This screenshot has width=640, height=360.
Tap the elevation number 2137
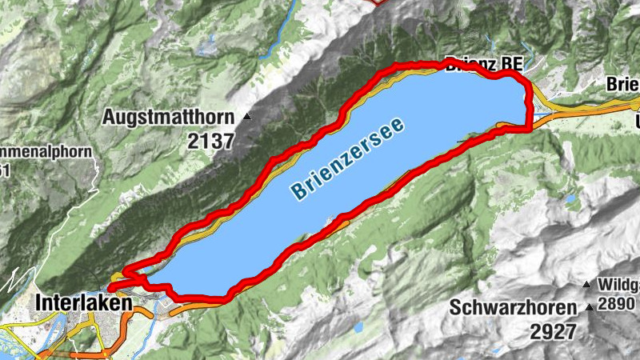(x=210, y=142)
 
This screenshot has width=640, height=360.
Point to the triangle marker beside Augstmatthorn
(x=246, y=117)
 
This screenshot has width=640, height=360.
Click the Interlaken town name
(x=84, y=304)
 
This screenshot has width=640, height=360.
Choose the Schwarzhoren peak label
(x=513, y=307)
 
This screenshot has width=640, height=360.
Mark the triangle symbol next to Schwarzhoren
(x=590, y=307)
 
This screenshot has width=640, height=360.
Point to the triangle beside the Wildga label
(x=587, y=283)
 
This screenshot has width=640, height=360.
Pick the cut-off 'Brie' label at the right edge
(x=622, y=84)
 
